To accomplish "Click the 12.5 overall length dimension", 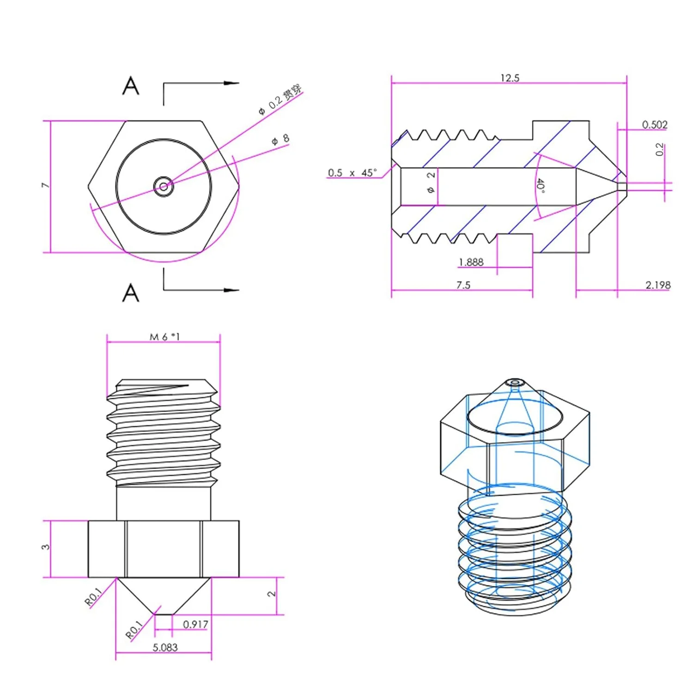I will click(510, 78).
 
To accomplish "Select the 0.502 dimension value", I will click(655, 125).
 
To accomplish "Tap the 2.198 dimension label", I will click(657, 285).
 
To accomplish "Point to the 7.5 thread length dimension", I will click(463, 285).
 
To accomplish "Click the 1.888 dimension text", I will click(471, 262).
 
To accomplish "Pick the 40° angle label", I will click(541, 186).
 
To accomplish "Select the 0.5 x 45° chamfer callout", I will click(352, 173).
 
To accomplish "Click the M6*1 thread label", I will click(164, 337).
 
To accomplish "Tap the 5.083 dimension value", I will click(165, 648).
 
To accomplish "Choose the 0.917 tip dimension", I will click(195, 625).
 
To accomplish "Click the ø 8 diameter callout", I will click(280, 139).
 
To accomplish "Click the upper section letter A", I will click(131, 86).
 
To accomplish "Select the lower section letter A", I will click(131, 293).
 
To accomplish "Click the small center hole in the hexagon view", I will click(164, 187).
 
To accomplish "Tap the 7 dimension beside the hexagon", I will click(45, 185).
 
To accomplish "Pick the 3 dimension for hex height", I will click(45, 547).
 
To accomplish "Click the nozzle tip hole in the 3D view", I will click(514, 383).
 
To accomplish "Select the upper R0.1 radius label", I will click(94, 596).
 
